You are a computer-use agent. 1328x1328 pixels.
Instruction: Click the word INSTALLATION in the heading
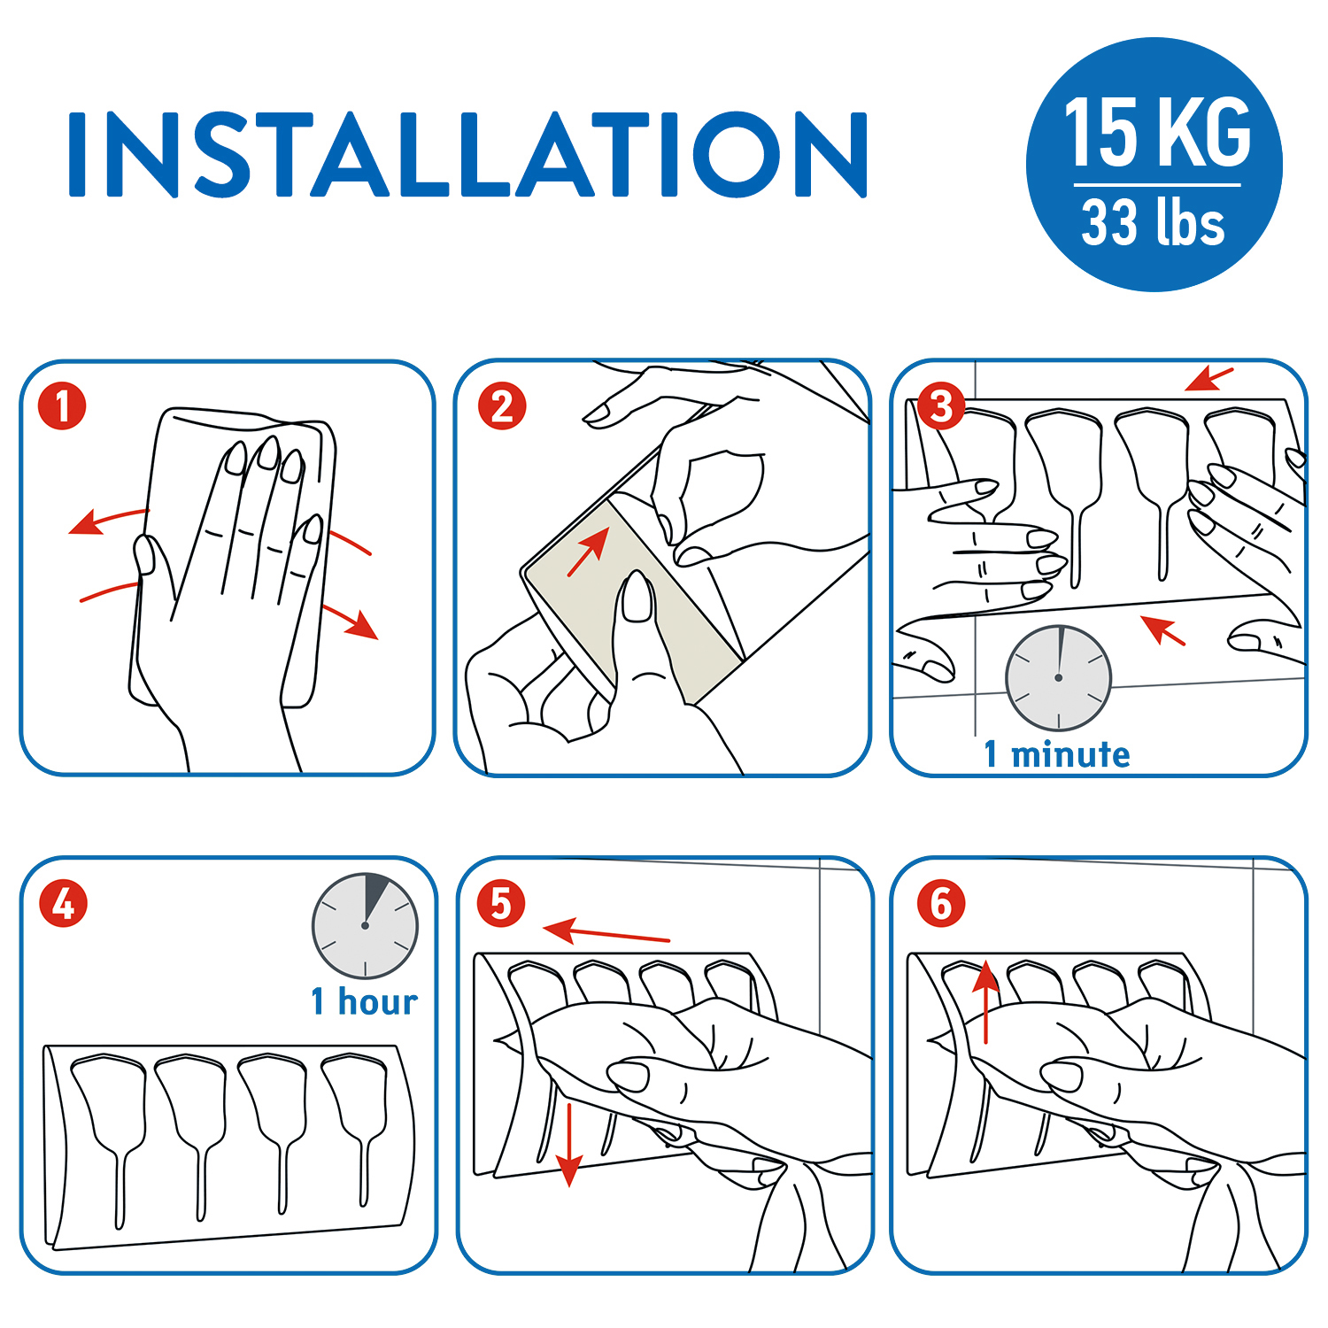[x=467, y=154]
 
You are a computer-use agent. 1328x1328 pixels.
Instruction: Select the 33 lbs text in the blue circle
[x=1153, y=221]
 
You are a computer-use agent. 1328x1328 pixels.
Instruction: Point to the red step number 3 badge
[x=941, y=406]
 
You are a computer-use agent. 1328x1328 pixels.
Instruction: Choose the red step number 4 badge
[x=63, y=904]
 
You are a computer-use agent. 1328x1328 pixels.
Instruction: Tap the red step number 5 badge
[x=501, y=904]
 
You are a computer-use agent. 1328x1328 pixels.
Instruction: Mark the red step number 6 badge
[x=941, y=904]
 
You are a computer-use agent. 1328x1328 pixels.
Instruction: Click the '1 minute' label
[x=1057, y=754]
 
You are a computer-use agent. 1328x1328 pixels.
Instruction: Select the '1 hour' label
[x=364, y=1001]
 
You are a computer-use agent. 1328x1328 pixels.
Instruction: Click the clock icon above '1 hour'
[x=365, y=926]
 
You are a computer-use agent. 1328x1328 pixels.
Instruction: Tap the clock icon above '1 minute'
[x=1058, y=678]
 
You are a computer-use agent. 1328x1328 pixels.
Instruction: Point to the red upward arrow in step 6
[x=986, y=1002]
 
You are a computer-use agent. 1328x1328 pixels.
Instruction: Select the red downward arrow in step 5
[x=568, y=1144]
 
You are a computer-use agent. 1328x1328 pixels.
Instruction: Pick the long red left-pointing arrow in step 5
[x=606, y=931]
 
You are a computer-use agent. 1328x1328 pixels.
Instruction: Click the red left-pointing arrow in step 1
[x=108, y=521]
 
